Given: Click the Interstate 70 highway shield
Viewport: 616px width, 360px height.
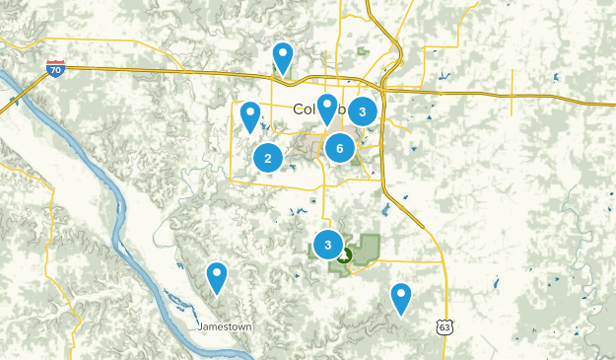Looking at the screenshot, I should (55, 68).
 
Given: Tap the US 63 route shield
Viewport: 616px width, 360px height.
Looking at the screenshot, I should (443, 325).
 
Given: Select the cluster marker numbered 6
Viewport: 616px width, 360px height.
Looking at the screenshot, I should (339, 148).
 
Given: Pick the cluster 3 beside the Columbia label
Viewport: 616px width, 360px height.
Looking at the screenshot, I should (363, 111).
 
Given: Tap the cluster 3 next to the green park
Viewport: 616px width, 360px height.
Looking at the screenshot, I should (327, 243).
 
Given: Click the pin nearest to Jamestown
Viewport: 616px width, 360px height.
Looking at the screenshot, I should (217, 277).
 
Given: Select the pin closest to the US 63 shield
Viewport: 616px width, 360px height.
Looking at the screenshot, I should (400, 296).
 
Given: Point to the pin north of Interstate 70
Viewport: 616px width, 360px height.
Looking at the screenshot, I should (283, 57).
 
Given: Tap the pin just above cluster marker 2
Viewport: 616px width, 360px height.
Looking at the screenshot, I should (250, 116).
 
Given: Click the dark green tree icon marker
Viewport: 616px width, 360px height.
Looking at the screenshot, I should (345, 258).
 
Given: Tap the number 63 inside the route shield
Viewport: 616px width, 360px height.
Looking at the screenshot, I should (443, 326).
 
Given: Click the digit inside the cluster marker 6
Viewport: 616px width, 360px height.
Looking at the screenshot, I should (339, 148).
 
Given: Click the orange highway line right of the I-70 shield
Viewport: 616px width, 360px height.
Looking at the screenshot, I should (148, 70).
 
